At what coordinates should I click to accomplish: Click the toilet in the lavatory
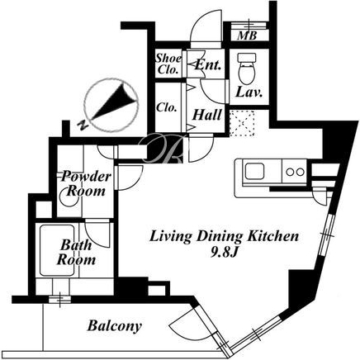pos(247,69)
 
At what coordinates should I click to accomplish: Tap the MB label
pos(247,36)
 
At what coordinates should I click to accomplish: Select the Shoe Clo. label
pos(168,64)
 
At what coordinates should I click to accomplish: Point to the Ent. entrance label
pos(208,65)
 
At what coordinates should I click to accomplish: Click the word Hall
pos(207,115)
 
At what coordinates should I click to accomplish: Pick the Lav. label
pos(249,92)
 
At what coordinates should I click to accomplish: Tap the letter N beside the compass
pos(83,126)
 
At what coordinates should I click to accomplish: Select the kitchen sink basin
pos(254,172)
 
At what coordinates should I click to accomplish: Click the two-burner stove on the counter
pos(295,172)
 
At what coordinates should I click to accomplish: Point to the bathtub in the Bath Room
pos(57,250)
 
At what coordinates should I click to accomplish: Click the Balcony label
pos(115,326)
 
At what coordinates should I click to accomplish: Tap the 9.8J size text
pos(224,253)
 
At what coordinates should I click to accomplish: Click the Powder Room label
pos(86,183)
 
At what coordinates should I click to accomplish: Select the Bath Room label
pos(76,252)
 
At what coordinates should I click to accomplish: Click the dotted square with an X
pos(242,123)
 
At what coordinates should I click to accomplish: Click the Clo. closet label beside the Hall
pos(166,107)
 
